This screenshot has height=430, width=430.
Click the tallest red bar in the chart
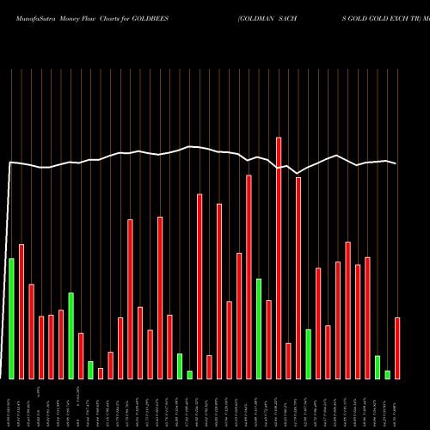pyautogui.click(x=279, y=258)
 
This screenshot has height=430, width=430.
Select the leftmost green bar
pyautogui.click(x=11, y=318)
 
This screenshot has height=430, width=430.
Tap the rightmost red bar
pyautogui.click(x=397, y=348)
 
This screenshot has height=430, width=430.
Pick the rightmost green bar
pyautogui.click(x=387, y=374)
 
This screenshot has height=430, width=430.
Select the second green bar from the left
pyautogui.click(x=71, y=335)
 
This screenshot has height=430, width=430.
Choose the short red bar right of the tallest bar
pyautogui.click(x=288, y=360)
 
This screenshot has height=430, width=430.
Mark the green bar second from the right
pyautogui.click(x=378, y=366)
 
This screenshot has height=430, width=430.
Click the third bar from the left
pyautogui.click(x=31, y=331)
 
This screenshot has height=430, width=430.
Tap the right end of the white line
pyautogui.click(x=396, y=163)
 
